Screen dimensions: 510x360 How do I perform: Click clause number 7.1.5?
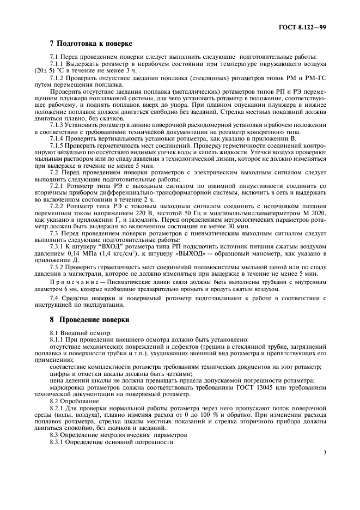(58, 145)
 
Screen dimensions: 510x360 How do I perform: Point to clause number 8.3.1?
(58, 442)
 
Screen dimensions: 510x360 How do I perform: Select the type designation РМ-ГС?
(315, 78)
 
